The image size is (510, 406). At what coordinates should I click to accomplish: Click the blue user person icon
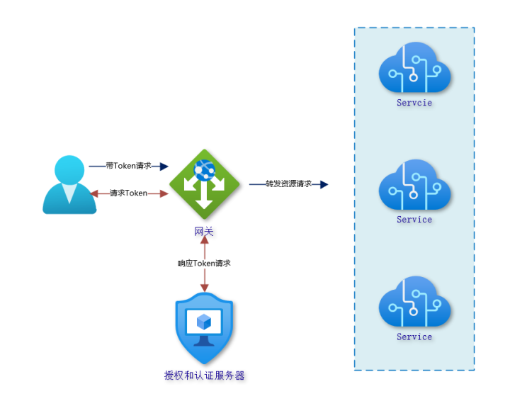point(69,185)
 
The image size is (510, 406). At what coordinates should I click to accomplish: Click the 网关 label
point(204,231)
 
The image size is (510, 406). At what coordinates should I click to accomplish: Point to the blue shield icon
point(204,328)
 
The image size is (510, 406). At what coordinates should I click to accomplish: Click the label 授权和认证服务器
point(204,376)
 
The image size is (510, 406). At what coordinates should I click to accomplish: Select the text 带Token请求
point(128,166)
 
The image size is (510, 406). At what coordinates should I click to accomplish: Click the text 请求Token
point(128,193)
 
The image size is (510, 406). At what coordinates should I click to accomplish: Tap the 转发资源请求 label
point(288,184)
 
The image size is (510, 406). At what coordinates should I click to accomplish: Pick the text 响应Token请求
point(204,263)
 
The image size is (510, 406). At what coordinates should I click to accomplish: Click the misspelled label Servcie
point(414,103)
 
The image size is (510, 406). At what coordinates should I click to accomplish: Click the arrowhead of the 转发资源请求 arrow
point(324,184)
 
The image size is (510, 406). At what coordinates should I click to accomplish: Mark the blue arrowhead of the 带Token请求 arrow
point(164,166)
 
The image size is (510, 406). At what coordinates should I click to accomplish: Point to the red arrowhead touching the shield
point(204,287)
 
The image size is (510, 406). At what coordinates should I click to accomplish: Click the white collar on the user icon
point(69,192)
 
